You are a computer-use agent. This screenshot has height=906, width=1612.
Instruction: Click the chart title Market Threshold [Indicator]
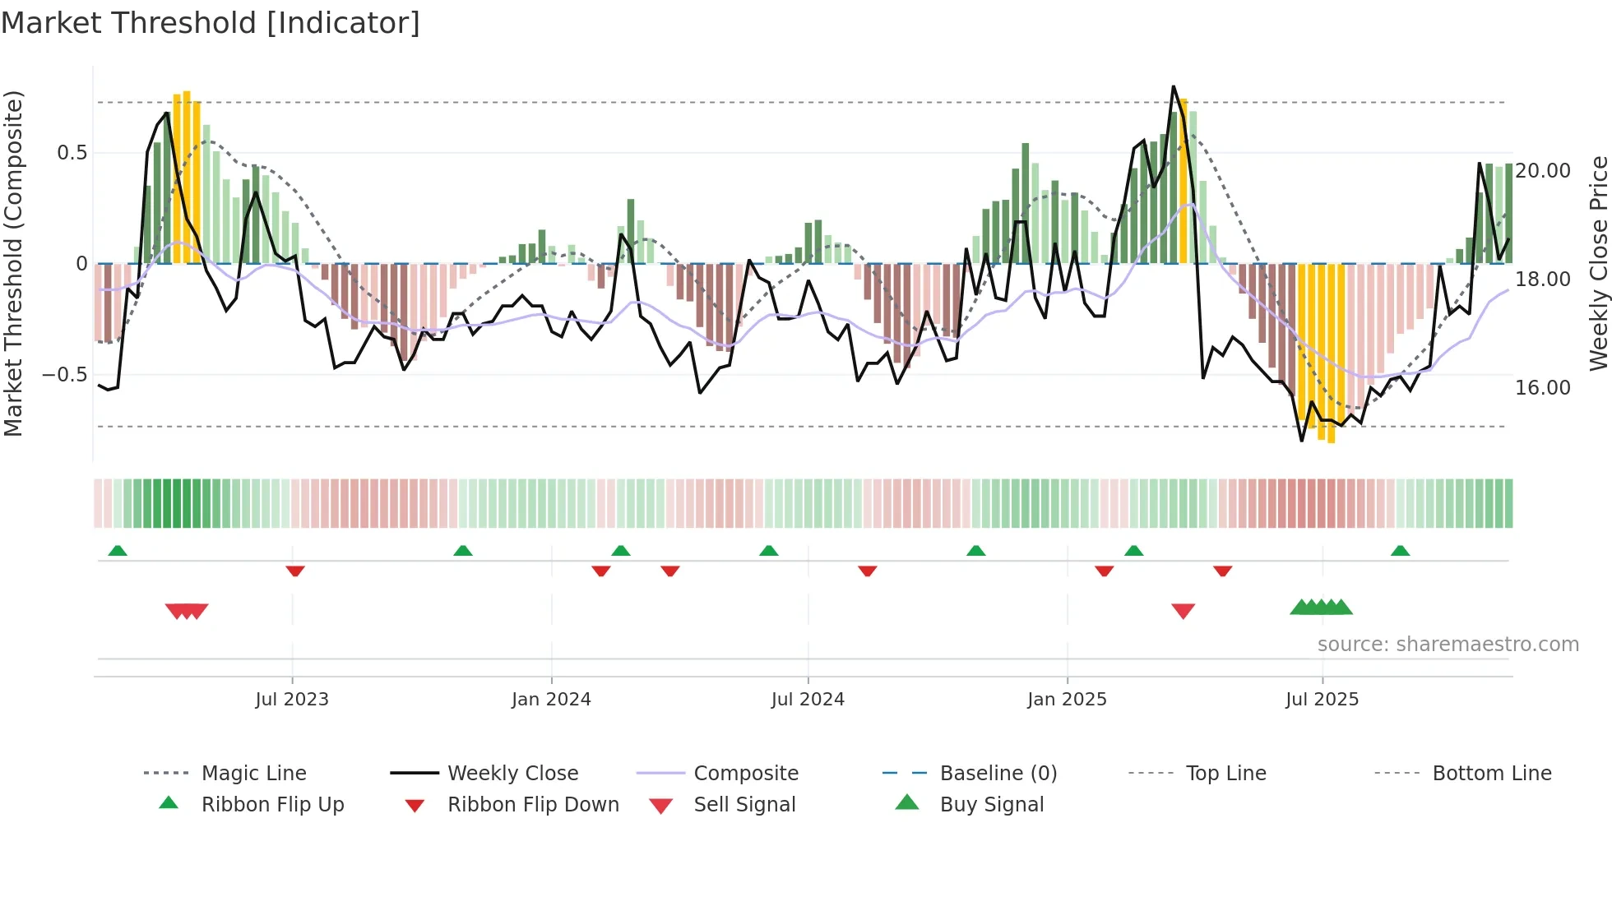(x=211, y=23)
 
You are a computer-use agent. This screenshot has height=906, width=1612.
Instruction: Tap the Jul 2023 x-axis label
(x=292, y=700)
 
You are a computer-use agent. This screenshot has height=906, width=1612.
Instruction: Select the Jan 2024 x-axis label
(x=551, y=700)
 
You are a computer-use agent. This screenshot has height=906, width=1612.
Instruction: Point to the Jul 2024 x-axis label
(x=808, y=700)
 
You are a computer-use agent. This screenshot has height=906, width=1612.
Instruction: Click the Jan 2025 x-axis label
(x=1067, y=700)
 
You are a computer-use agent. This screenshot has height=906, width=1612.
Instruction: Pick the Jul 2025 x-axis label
(x=1322, y=700)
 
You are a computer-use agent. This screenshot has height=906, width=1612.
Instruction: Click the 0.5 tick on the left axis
(x=72, y=153)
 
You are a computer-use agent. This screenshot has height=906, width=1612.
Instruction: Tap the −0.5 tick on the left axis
(x=64, y=375)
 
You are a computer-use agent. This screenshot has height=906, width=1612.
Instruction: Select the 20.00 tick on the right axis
(x=1543, y=171)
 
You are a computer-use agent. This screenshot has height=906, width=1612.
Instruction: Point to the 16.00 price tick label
(x=1543, y=388)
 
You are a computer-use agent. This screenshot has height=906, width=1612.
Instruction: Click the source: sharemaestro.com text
(x=1448, y=645)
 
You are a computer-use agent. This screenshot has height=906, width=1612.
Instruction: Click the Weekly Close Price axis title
(x=1598, y=263)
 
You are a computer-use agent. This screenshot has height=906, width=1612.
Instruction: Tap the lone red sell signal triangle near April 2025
(x=1183, y=611)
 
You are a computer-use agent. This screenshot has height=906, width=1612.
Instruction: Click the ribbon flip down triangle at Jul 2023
(x=295, y=571)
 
